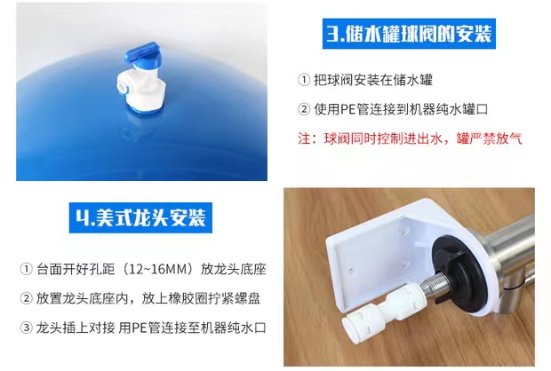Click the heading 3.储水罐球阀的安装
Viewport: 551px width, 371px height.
tap(409, 34)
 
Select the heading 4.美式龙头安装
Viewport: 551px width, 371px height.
tap(140, 217)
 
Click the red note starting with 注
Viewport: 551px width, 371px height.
tap(410, 138)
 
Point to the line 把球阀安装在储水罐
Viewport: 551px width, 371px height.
tap(373, 80)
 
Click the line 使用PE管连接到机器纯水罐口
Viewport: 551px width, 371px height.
tap(401, 109)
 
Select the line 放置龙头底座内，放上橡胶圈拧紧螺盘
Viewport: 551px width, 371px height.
tap(148, 298)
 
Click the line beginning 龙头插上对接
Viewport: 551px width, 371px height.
tap(151, 328)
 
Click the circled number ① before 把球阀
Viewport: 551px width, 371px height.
tap(304, 80)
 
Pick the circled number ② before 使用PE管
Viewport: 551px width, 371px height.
tap(304, 109)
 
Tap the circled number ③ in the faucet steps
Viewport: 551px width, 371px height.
tap(27, 328)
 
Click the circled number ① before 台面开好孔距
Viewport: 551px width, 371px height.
tap(27, 270)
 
